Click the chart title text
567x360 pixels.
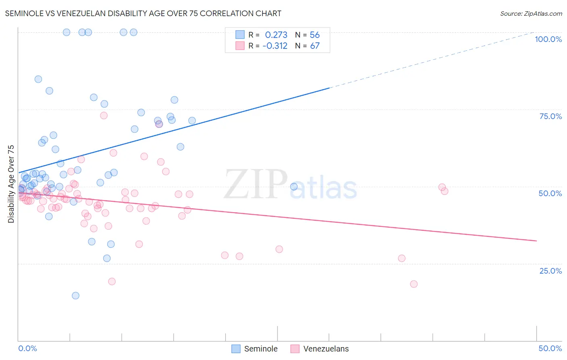click(143, 13)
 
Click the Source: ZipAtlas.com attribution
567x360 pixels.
click(531, 13)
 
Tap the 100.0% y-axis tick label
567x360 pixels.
click(548, 39)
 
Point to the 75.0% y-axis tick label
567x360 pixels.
click(550, 116)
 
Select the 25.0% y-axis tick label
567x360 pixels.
click(550, 271)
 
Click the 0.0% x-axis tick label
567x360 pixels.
click(27, 348)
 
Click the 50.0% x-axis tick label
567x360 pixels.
click(550, 348)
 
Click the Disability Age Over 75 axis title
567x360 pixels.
click(11, 184)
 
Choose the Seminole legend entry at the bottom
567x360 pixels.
click(254, 349)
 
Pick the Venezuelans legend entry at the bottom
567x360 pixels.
click(319, 349)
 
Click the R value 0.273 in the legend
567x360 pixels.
click(276, 35)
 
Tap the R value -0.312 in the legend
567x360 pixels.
click(275, 46)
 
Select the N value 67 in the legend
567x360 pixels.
click(315, 46)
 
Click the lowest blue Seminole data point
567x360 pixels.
click(75, 295)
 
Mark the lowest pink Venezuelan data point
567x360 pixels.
click(413, 284)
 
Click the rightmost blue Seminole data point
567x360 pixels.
click(294, 186)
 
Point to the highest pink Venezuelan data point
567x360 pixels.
click(104, 115)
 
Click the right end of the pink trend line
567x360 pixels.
click(536, 241)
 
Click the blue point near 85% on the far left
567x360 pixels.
click(38, 79)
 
